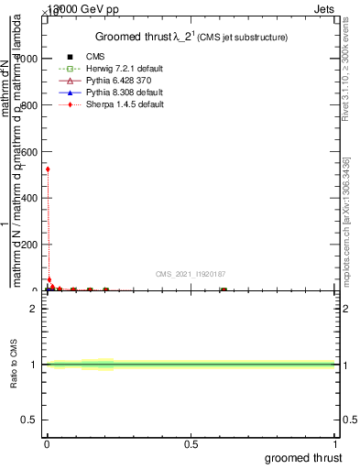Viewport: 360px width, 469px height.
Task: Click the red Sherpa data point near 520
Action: (48, 169)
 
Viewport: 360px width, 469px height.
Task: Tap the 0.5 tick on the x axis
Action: (191, 443)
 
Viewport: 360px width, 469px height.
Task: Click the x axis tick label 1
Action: (335, 443)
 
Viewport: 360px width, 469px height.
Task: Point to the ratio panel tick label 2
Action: (33, 309)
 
